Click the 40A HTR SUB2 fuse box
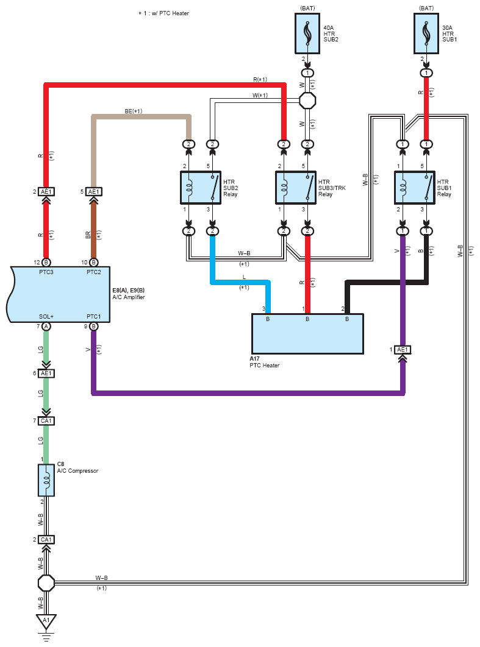[307, 34]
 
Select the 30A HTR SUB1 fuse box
[426, 34]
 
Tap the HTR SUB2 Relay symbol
[201, 188]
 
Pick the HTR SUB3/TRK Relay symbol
[296, 188]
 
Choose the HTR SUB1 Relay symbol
[415, 188]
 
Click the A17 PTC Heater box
[308, 334]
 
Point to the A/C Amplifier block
[58, 294]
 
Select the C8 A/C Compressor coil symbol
[46, 480]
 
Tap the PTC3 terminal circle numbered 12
[46, 263]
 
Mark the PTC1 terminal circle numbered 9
[94, 327]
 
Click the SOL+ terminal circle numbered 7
[46, 327]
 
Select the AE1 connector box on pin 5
[94, 192]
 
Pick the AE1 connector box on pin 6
[46, 373]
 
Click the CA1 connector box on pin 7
[46, 421]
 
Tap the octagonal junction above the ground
[46, 584]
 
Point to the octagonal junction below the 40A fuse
[307, 101]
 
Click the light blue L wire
[240, 282]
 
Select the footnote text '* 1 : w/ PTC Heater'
[163, 13]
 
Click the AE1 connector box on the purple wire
[403, 350]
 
